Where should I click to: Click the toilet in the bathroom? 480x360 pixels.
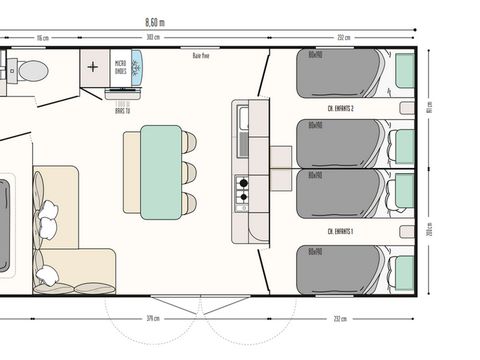[32, 70]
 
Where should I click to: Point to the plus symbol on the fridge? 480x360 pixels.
[93, 68]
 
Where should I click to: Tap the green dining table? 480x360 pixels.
[161, 171]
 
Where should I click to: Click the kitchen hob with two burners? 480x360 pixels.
[242, 188]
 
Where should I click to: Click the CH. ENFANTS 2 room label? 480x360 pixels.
[341, 108]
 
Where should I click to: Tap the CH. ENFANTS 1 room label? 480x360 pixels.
[341, 231]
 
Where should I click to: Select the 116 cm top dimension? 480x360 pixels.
[43, 38]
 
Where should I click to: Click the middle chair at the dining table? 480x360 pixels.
[190, 171]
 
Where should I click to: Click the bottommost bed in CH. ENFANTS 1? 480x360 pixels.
[340, 268]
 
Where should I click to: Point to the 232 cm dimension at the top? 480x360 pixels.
[344, 38]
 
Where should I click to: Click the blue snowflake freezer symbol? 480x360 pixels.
[136, 66]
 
